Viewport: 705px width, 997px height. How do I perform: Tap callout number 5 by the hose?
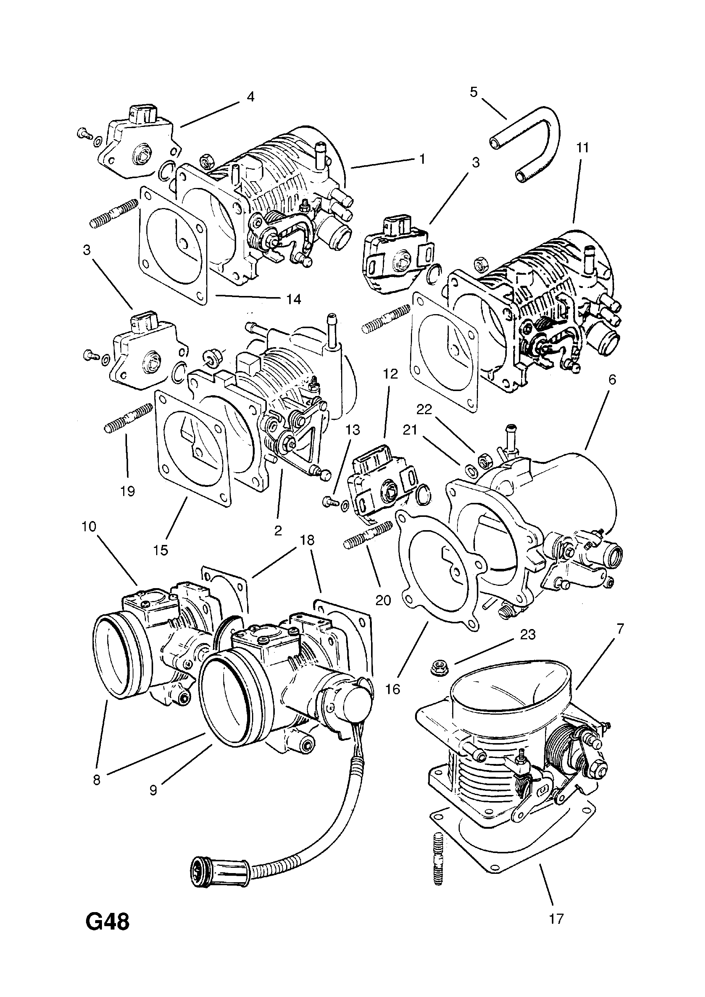tap(473, 92)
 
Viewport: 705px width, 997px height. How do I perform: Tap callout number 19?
tap(127, 491)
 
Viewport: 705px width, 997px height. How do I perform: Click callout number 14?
tap(294, 299)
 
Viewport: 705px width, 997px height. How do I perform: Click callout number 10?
tap(89, 527)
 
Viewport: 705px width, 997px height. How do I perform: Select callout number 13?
tap(353, 430)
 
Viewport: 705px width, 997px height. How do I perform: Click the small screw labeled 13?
tap(329, 502)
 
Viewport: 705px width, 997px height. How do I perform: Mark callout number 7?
tap(620, 628)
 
